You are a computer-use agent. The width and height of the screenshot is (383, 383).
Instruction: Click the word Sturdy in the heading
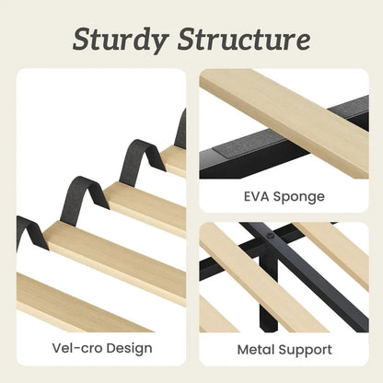coord(121,40)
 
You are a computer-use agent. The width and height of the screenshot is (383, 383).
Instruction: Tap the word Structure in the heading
coord(244,39)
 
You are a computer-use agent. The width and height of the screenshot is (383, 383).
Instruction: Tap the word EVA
coord(256,196)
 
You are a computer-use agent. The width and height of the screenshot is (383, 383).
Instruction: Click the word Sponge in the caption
coord(298,197)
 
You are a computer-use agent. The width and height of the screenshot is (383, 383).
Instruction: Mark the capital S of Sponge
coord(277,196)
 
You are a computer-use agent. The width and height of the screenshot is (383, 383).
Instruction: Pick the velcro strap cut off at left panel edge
coord(29,232)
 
